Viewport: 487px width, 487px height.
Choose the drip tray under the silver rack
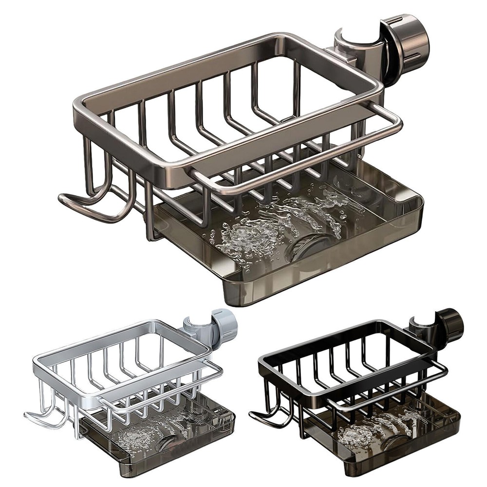click(x=161, y=453)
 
